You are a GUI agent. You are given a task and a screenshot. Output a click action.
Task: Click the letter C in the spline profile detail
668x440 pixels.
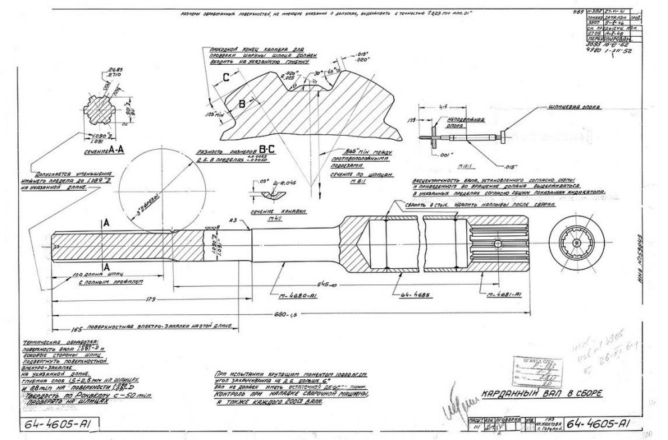point(226,78)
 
